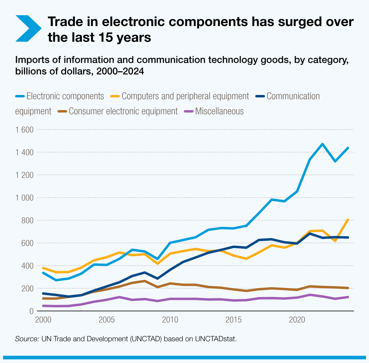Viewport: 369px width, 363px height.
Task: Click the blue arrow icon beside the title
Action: click(28, 28)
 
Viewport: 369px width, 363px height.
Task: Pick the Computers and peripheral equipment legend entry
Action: click(185, 96)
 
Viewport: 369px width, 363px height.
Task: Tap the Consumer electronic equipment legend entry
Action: click(123, 111)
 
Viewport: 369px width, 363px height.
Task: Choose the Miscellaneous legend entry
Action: click(219, 111)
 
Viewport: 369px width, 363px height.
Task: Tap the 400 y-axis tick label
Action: click(27, 266)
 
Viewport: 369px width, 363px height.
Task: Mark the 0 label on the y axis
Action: click(31, 311)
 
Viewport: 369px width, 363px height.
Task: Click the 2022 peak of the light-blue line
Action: click(322, 144)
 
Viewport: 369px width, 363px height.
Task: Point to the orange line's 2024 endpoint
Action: click(348, 220)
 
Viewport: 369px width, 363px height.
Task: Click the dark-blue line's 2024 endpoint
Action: click(348, 237)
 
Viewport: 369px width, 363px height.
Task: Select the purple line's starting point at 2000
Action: click(43, 306)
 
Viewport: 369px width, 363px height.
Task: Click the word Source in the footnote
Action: click(27, 338)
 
